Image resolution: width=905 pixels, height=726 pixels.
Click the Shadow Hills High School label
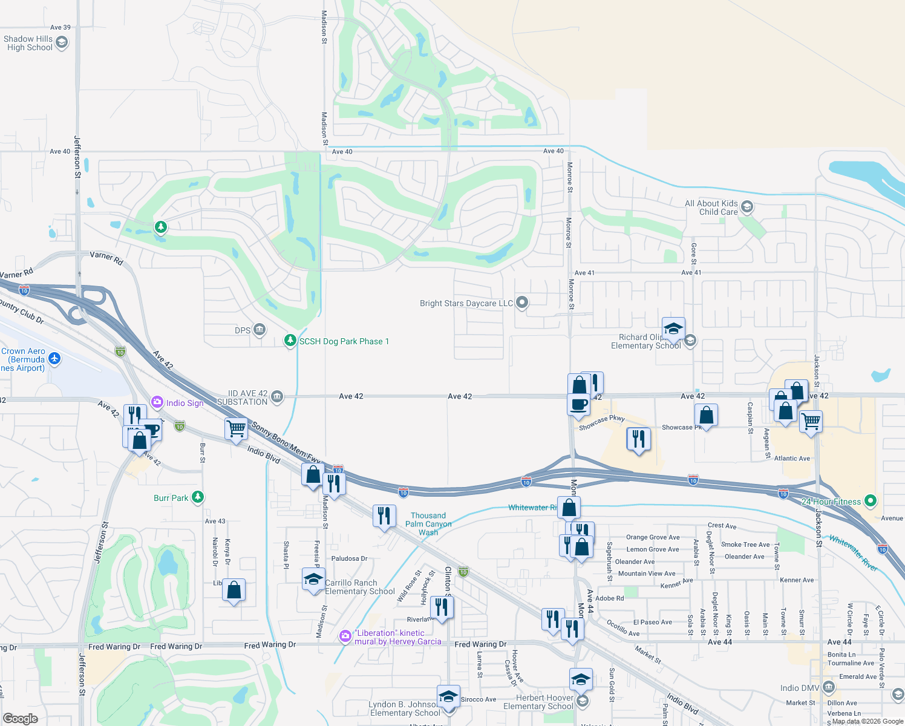click(x=28, y=43)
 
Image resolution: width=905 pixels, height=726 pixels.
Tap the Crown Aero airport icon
click(x=55, y=359)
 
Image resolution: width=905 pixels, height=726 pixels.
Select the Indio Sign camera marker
click(x=157, y=402)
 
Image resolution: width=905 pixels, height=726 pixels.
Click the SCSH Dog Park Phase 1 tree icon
click(x=290, y=341)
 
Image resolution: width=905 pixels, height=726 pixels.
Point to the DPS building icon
click(x=260, y=330)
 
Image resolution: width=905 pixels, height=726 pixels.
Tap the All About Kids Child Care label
click(x=711, y=208)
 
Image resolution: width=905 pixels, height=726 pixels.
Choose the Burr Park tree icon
click(x=197, y=497)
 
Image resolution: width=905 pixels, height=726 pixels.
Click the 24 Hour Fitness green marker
click(x=871, y=501)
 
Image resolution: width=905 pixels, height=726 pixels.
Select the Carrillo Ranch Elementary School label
click(x=360, y=587)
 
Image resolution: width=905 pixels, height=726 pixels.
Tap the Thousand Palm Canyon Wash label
click(x=428, y=524)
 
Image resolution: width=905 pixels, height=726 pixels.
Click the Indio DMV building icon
click(x=829, y=687)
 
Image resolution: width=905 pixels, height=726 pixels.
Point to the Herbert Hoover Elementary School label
click(x=538, y=702)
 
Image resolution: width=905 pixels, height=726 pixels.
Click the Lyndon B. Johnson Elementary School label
click(x=405, y=708)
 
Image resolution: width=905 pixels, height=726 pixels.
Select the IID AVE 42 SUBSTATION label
click(x=243, y=397)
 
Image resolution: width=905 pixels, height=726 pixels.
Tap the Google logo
click(x=21, y=718)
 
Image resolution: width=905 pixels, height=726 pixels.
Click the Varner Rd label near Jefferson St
click(x=106, y=258)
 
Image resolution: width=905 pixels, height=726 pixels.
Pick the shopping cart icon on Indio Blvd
click(x=236, y=428)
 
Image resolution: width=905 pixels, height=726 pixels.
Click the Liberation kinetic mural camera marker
click(x=345, y=636)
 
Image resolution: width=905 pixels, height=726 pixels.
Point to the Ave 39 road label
click(x=60, y=27)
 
